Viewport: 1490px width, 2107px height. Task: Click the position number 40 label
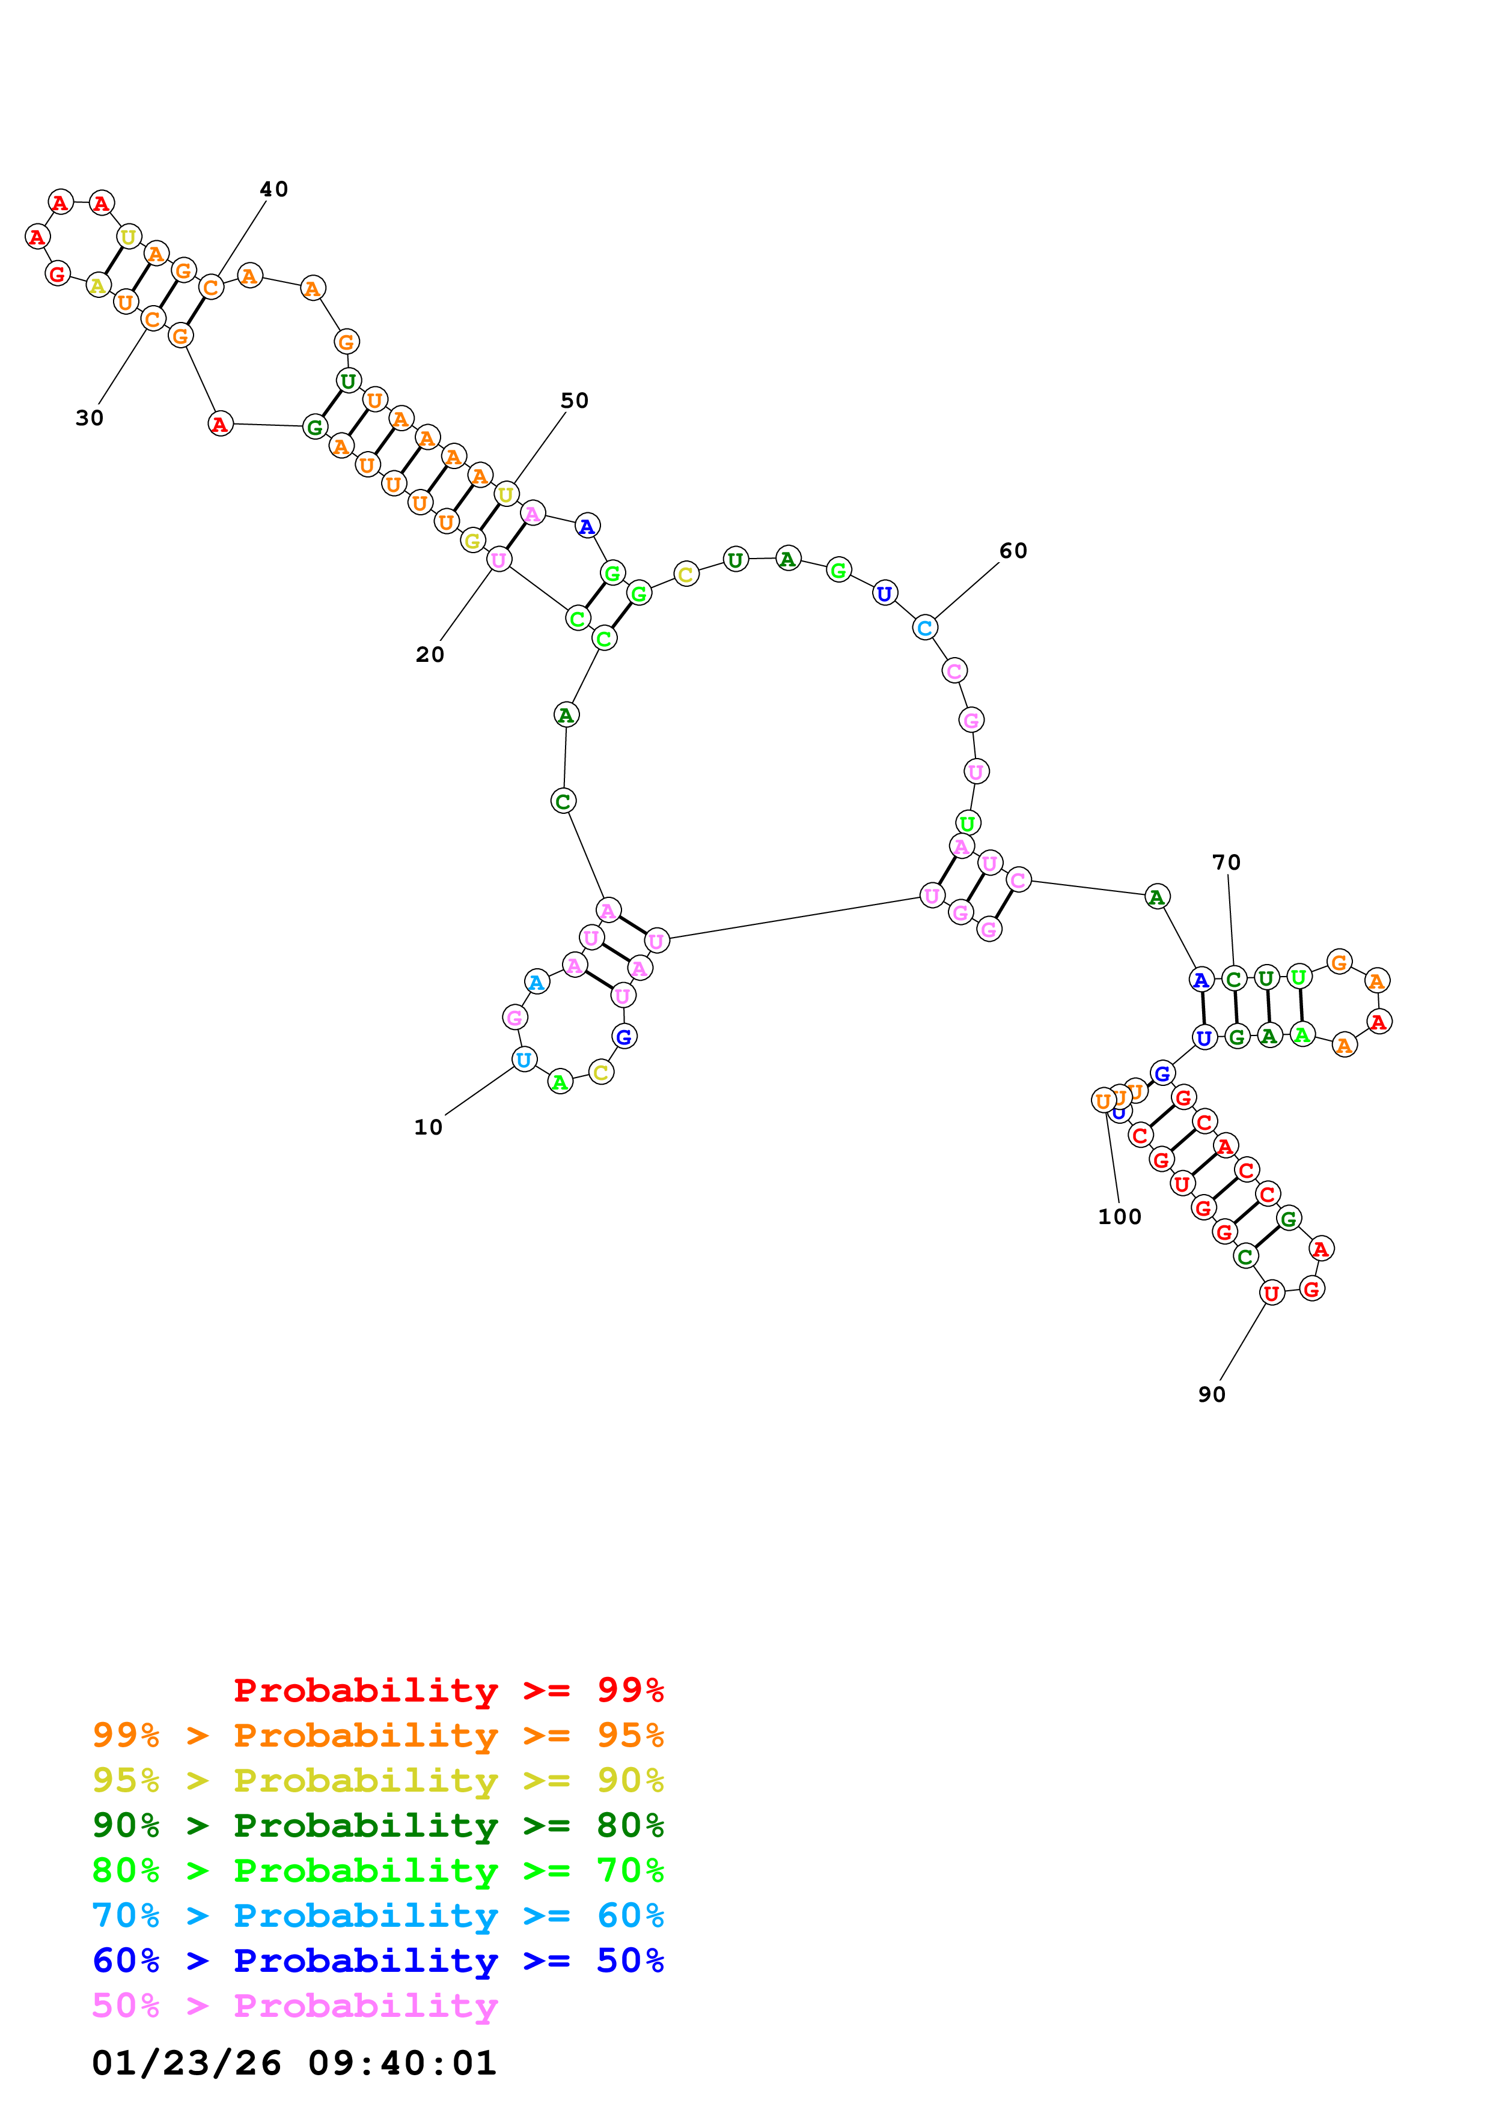(x=273, y=189)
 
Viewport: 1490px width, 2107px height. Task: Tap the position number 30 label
(x=89, y=417)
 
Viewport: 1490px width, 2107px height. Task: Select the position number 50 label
(x=575, y=400)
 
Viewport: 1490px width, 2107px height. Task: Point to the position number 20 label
(x=430, y=654)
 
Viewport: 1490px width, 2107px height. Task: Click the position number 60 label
(x=1013, y=551)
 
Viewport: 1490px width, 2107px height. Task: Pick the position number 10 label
(x=429, y=1127)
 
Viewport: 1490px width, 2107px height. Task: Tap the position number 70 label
(x=1227, y=863)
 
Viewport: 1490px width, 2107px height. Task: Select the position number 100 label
(x=1120, y=1217)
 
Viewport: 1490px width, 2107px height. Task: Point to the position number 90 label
(x=1212, y=1395)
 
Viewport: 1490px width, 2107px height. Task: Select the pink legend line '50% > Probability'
(x=295, y=2005)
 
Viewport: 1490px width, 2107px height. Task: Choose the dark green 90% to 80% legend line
(x=378, y=1825)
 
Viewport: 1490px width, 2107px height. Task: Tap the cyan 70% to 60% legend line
(x=378, y=1915)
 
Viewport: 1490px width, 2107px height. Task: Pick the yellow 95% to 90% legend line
(x=378, y=1780)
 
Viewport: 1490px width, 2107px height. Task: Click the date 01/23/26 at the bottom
(x=186, y=2063)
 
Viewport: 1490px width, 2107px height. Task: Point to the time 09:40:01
(x=402, y=2063)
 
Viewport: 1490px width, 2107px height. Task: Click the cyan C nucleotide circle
(x=924, y=628)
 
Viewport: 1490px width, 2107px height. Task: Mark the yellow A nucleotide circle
(x=98, y=285)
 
